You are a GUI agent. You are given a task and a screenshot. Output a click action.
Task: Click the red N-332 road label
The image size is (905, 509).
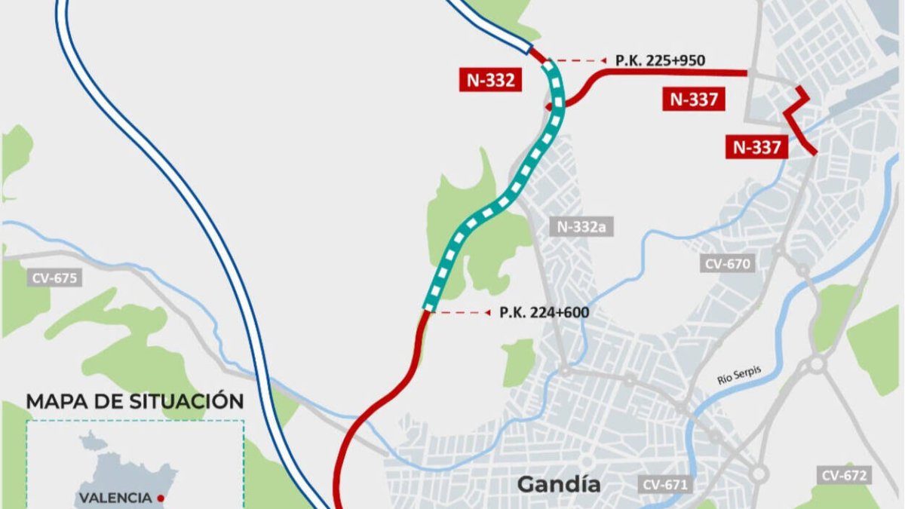point(489,80)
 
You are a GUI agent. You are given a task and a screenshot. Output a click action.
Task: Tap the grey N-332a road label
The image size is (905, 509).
point(581,225)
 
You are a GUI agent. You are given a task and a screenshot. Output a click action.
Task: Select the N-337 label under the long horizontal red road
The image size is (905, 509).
point(694,99)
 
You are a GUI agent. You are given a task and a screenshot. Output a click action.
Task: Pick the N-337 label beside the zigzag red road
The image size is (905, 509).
point(757,146)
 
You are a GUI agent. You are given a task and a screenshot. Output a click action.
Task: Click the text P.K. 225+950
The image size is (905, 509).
point(660,60)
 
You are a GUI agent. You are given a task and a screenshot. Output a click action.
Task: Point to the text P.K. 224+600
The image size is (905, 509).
point(544,312)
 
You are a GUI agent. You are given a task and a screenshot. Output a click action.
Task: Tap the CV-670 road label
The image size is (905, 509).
point(727,264)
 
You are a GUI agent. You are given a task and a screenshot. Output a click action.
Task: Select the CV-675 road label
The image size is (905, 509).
point(54,277)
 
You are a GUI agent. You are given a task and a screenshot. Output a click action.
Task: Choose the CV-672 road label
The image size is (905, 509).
point(845,475)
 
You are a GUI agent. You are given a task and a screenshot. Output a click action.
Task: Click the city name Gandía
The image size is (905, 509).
point(559,483)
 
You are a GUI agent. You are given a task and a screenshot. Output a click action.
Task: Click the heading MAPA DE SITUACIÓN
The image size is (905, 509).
point(135,401)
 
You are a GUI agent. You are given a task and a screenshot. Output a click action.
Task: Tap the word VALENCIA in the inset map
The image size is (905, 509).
point(115,498)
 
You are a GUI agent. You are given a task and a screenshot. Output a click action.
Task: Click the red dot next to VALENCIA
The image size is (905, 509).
point(161,498)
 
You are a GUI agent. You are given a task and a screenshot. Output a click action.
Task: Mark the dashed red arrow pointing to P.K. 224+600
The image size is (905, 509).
point(463,311)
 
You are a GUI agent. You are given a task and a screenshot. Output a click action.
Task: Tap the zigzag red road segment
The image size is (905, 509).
point(798,121)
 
